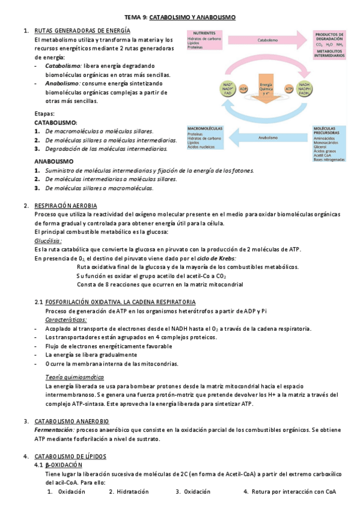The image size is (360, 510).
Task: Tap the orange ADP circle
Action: coord(243,88)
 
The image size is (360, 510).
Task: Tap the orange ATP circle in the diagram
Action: coord(289,88)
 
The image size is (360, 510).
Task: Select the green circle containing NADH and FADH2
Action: coord(305,89)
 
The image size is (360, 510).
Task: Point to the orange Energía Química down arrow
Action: coord(266,93)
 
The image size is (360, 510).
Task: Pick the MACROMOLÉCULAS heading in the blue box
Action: coord(206,129)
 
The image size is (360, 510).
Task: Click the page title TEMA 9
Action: coord(180,18)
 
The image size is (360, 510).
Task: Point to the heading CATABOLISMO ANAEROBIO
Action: coord(72,421)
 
